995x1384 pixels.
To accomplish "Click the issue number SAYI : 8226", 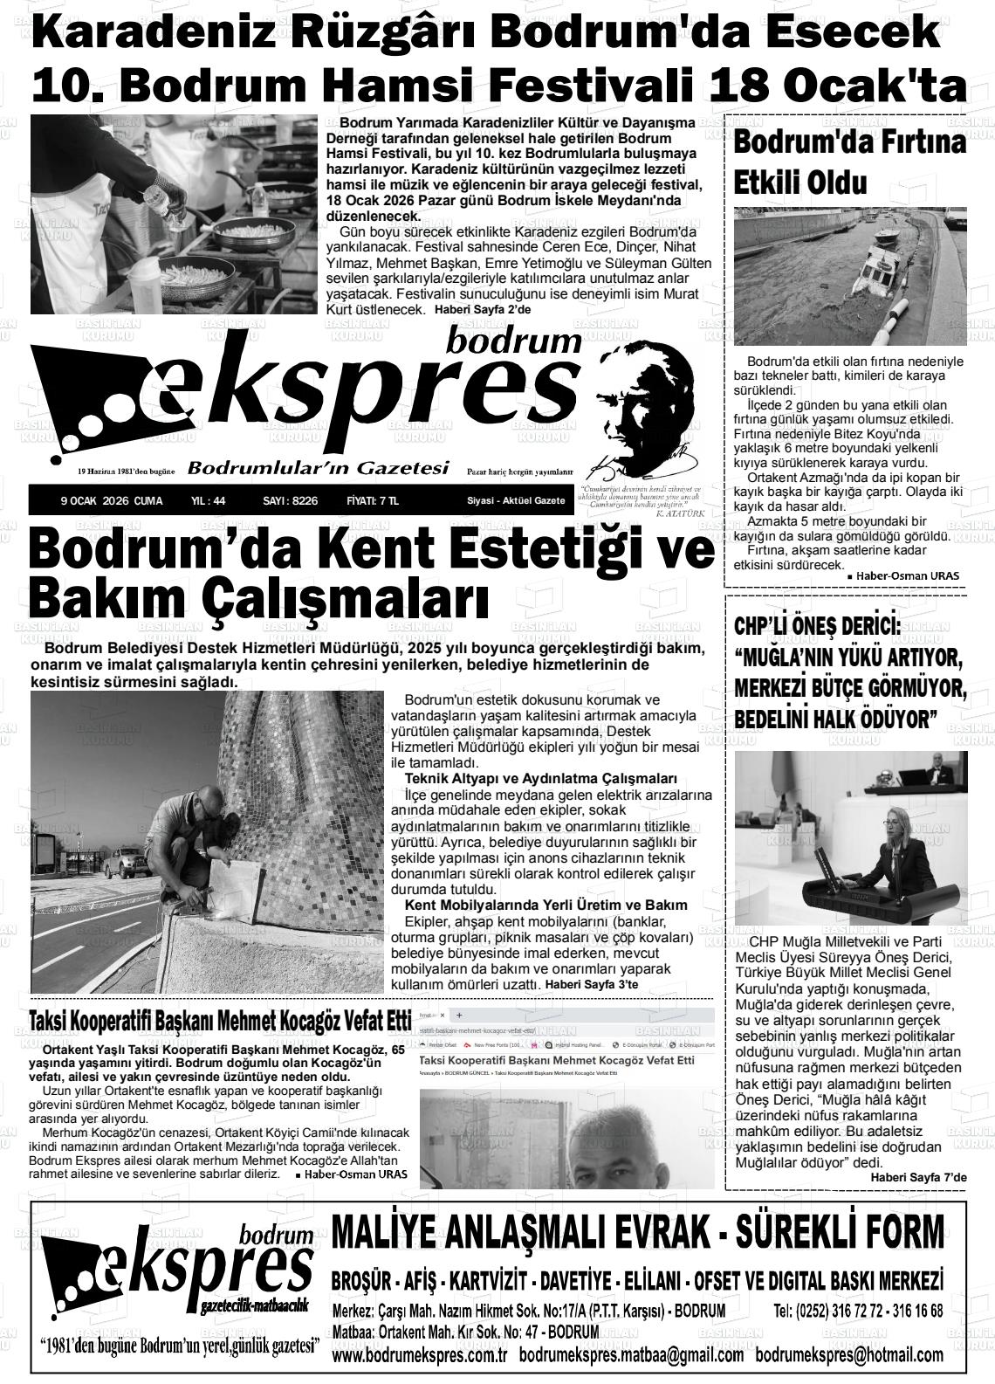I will click(x=290, y=500).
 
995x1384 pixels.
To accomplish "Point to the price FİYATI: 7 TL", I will click(x=372, y=500).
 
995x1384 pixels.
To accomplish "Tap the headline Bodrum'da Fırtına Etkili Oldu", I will click(x=849, y=162).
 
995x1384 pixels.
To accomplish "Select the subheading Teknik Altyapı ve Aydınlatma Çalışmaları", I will click(x=541, y=778).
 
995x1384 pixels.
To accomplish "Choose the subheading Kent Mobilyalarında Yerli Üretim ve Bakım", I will click(x=546, y=905).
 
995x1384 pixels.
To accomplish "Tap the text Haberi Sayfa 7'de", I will click(x=919, y=1178).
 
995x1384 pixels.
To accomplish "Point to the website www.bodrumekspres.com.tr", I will click(x=420, y=1355).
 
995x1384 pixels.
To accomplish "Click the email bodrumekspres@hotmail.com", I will click(x=849, y=1355).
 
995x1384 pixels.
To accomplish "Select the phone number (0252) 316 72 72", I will click(x=829, y=1311).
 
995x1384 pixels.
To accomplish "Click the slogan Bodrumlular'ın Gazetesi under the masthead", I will click(x=318, y=469).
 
